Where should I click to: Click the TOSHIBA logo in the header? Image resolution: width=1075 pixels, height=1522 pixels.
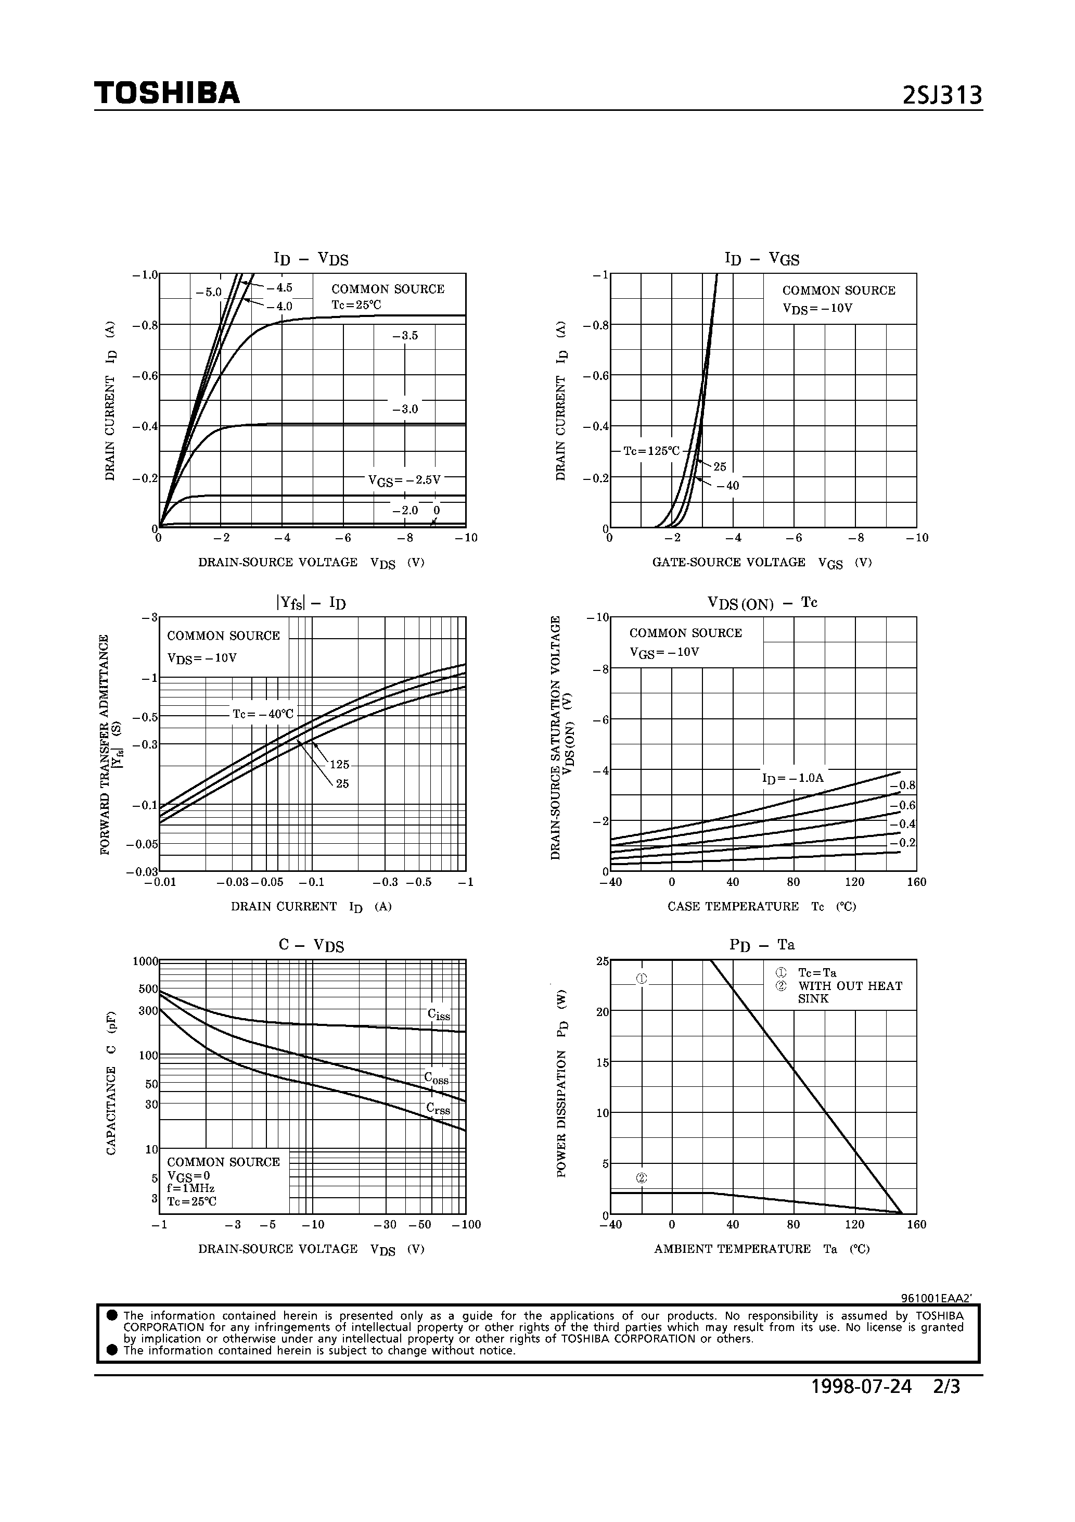[167, 94]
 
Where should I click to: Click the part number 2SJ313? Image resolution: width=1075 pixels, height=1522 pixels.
[942, 97]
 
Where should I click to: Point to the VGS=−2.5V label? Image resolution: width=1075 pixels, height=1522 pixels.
[404, 480]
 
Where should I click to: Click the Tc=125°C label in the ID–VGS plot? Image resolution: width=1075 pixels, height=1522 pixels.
[651, 451]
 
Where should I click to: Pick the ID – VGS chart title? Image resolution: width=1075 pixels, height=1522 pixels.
[762, 259]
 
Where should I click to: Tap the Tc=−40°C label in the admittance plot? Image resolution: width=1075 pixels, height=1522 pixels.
[262, 714]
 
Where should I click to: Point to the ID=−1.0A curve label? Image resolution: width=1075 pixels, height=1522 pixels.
[792, 778]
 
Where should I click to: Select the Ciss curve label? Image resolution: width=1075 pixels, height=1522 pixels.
[438, 1014]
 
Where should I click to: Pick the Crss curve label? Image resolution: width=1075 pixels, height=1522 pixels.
[438, 1108]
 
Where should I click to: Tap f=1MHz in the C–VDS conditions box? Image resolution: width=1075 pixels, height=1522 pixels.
[191, 1188]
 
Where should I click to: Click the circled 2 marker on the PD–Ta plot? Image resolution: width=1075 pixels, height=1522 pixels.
[641, 1178]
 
